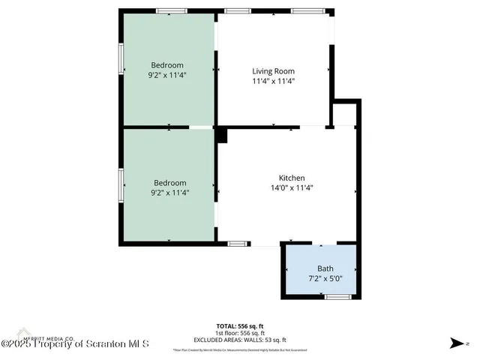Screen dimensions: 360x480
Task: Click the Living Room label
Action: pos(273,71)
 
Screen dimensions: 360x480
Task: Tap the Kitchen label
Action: pos(291,178)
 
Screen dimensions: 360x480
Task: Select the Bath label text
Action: pos(325,268)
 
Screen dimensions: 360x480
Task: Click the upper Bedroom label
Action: pos(167,65)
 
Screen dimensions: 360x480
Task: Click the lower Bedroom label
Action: pos(170,182)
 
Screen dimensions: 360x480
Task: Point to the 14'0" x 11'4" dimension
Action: pos(291,188)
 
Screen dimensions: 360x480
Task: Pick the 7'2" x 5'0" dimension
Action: pos(325,279)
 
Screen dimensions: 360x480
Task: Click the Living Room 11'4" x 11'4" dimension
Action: pos(273,81)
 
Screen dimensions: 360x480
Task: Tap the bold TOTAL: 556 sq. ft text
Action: pos(240,326)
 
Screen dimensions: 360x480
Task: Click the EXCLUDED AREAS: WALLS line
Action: pos(240,340)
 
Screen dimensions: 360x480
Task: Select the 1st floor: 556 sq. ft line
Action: pos(240,333)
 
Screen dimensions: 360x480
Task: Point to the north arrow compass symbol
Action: pos(454,343)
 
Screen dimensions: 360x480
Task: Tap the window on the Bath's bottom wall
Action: pos(337,297)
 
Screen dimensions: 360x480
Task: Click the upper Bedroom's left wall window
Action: pos(120,58)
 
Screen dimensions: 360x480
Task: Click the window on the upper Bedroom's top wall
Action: pos(171,10)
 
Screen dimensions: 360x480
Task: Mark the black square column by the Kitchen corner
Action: pos(221,134)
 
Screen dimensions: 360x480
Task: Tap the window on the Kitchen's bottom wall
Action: pos(238,244)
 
